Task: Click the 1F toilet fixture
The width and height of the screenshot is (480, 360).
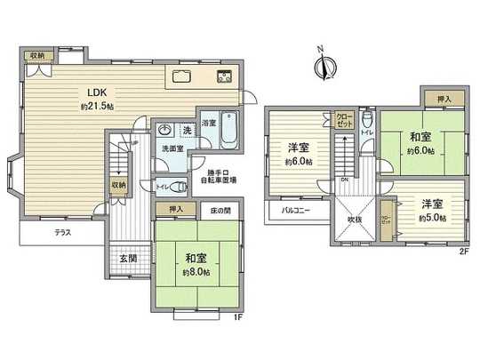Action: [177, 187]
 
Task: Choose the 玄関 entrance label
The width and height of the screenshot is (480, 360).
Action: [128, 259]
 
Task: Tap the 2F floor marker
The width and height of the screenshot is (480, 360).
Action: [462, 252]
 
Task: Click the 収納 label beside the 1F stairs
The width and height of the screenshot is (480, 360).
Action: [117, 184]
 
